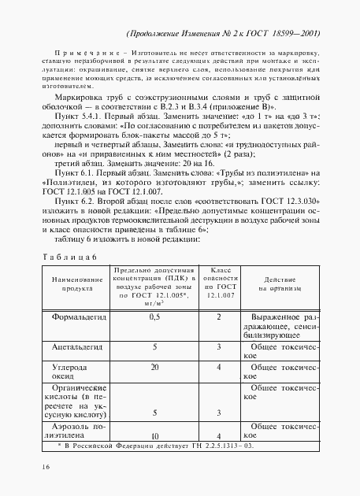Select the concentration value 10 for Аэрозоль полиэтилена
(134, 435)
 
